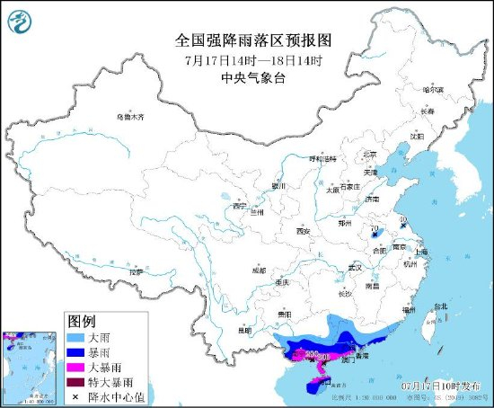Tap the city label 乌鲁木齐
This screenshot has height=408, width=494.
[x=129, y=117]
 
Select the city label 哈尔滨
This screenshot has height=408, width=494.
[x=435, y=90]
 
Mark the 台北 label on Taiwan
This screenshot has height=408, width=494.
[x=440, y=306]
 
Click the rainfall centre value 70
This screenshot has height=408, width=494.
[x=374, y=230]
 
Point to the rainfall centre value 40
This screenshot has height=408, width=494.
[x=403, y=218]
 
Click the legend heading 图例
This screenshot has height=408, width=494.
[x=82, y=320]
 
